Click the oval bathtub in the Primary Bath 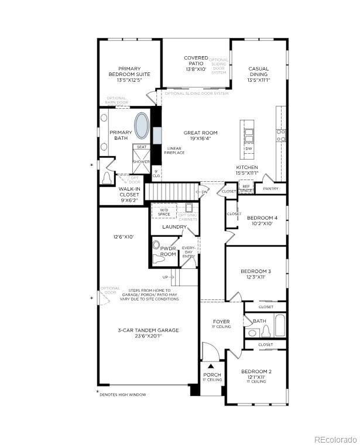tap(142, 125)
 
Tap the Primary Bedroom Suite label tap(129, 74)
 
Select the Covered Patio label tap(196, 63)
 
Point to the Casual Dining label tap(258, 74)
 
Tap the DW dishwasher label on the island tap(249, 149)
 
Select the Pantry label tap(271, 189)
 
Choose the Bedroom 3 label tap(256, 275)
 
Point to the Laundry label tap(174, 227)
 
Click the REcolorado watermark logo tap(334, 439)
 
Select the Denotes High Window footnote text tap(123, 395)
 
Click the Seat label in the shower tap(142, 147)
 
